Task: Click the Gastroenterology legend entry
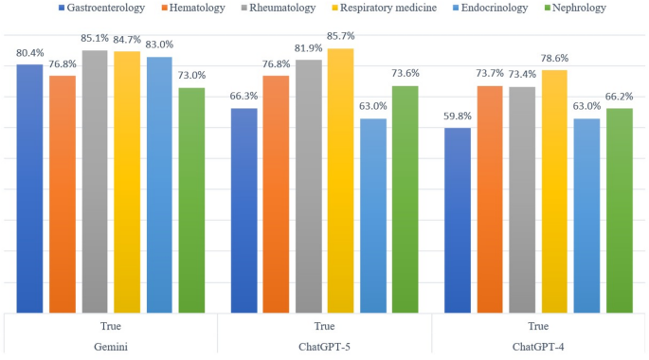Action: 105,9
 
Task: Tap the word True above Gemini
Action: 110,323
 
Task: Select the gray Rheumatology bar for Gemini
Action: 95,180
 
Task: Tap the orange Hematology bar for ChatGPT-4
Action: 491,199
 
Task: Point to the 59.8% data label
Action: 459,117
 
